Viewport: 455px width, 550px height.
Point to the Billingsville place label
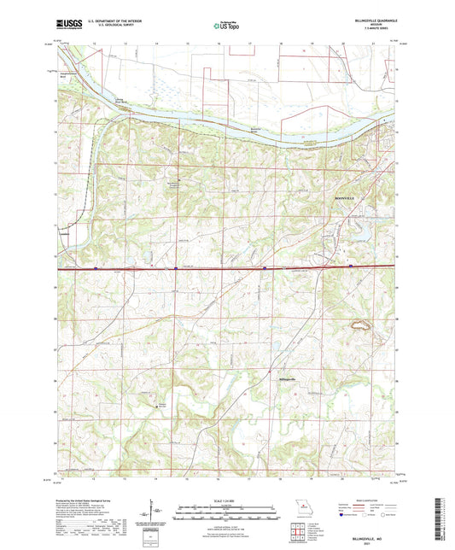coord(288,377)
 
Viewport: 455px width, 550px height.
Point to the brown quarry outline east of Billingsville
coord(359,325)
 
